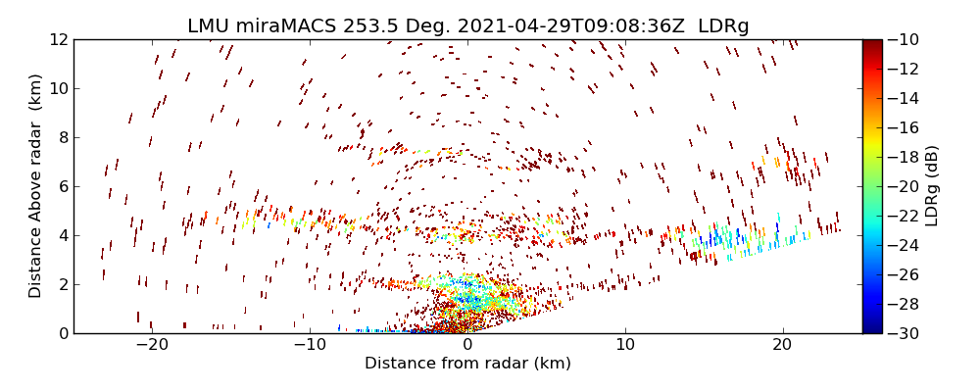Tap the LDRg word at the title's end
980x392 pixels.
coord(723,26)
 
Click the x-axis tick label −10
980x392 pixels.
coord(310,345)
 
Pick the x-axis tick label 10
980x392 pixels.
coord(625,345)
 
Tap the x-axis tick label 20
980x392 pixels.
coord(782,345)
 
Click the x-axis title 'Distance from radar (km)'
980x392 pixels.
coord(467,364)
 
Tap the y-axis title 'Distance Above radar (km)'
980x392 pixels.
coord(36,186)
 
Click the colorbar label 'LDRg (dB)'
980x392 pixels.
coord(931,186)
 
